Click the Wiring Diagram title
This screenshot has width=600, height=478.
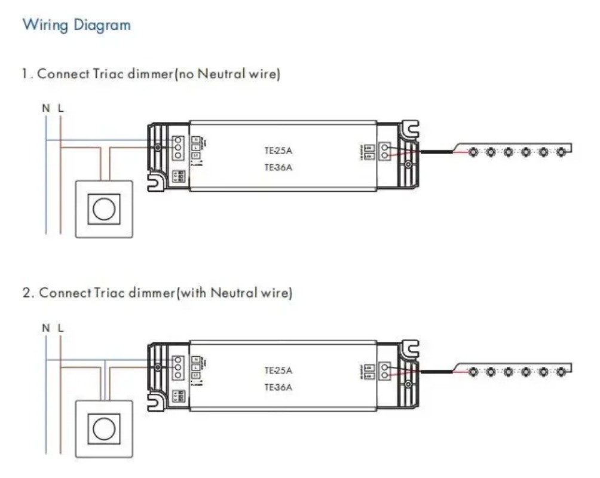point(76,25)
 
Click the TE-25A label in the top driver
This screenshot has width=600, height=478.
point(278,151)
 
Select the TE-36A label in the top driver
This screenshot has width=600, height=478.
point(278,167)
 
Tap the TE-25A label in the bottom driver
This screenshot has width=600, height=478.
point(278,370)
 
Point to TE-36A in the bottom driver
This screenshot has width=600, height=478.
point(278,387)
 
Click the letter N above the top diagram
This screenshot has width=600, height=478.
point(45,108)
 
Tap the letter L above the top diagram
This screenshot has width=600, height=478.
point(60,108)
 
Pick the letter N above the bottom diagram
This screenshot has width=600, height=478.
point(45,328)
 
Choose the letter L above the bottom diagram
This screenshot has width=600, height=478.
point(60,328)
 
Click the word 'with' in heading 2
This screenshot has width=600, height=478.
point(194,294)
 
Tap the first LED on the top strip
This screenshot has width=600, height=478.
point(472,152)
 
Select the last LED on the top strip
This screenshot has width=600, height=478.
point(561,152)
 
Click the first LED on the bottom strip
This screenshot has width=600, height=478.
point(472,372)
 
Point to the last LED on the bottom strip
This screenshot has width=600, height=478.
point(561,372)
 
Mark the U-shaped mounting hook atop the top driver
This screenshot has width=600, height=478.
point(410,128)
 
